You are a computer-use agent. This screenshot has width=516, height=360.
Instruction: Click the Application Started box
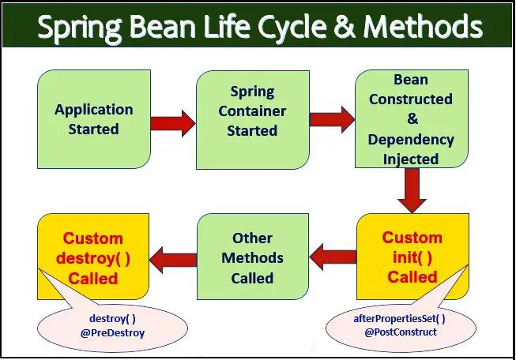point(93,118)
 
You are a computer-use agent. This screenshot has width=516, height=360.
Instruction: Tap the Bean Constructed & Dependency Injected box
point(411,119)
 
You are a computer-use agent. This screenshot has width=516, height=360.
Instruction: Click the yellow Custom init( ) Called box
point(412,257)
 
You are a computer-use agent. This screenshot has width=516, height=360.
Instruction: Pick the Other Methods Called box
point(251,257)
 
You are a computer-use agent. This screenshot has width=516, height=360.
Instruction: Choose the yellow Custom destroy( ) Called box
point(93,257)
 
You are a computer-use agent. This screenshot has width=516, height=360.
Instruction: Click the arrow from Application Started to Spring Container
point(172,122)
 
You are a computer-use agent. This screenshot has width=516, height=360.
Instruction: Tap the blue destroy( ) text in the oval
point(113,318)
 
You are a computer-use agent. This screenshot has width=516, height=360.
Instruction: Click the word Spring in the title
point(79,28)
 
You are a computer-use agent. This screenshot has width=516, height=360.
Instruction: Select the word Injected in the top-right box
point(411,159)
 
